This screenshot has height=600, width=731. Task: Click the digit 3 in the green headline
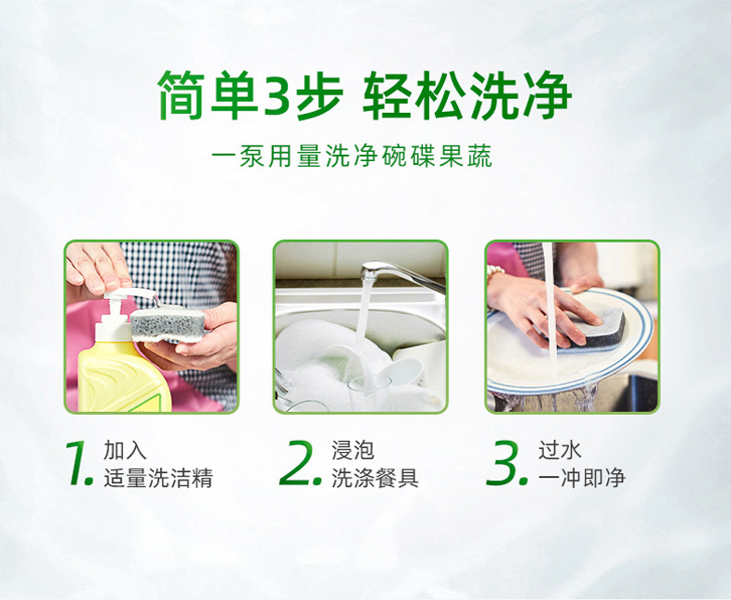(x=279, y=95)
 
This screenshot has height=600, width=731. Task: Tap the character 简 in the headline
(x=182, y=95)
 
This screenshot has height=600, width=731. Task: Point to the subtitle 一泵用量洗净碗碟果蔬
(x=352, y=156)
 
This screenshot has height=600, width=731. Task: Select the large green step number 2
(x=300, y=462)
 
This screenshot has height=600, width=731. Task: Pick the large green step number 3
(x=507, y=462)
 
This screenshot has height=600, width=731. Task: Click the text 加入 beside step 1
(x=125, y=450)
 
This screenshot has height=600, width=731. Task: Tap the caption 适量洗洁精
(x=158, y=478)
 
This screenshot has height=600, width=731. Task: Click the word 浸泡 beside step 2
(x=353, y=450)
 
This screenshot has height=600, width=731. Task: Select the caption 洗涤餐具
(x=375, y=478)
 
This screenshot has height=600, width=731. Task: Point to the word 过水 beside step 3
(x=560, y=450)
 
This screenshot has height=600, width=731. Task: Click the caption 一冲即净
(x=582, y=478)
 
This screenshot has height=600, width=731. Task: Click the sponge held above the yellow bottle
(x=167, y=323)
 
